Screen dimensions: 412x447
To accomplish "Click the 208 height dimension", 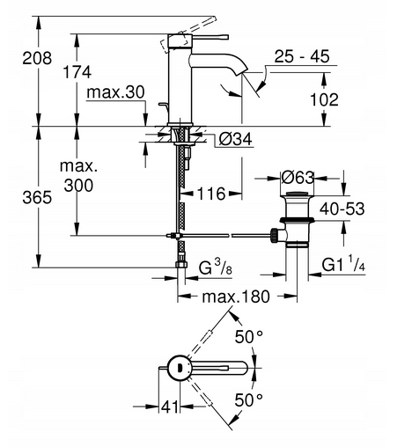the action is click(37, 58).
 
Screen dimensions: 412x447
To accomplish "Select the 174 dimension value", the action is click(77, 72).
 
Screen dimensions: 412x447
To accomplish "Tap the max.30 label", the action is click(115, 92).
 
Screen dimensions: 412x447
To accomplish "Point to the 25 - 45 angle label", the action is click(302, 56).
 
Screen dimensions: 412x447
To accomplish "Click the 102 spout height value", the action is click(324, 99).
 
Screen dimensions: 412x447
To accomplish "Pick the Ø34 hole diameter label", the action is click(235, 139).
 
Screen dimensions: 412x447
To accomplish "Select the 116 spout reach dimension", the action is click(211, 194).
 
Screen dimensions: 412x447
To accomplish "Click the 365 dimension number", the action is click(37, 197).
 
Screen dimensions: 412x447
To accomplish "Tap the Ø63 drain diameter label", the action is click(298, 178).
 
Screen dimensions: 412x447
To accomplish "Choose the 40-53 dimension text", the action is click(342, 209).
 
